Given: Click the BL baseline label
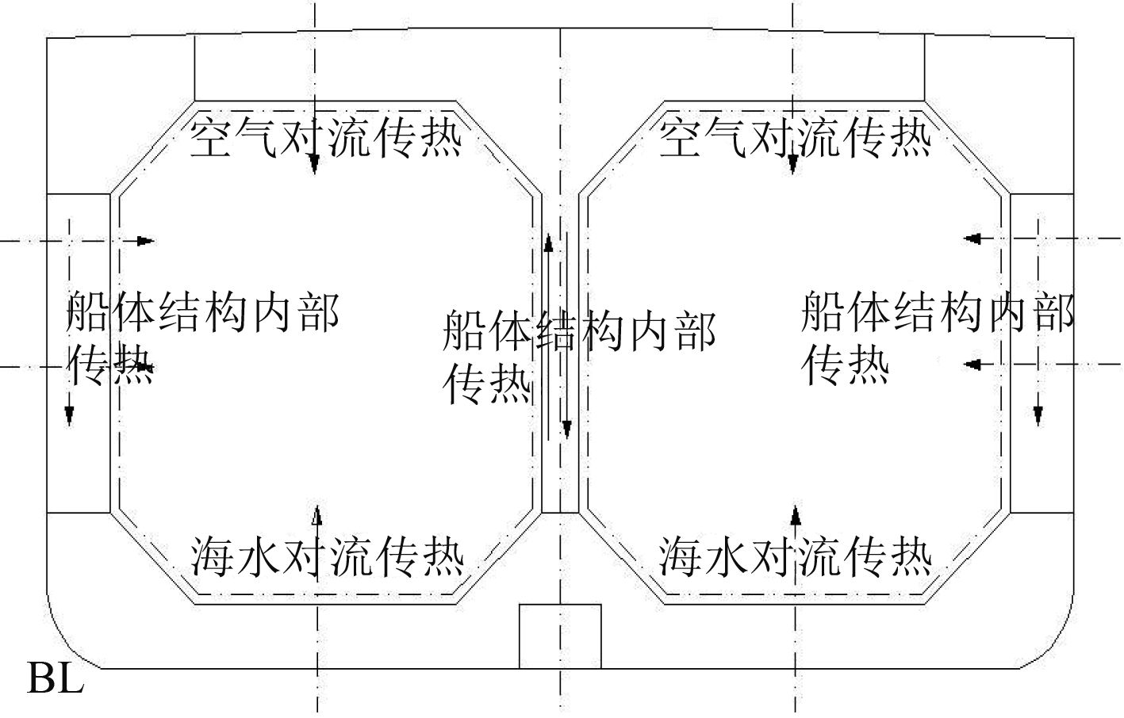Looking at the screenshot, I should (56, 679).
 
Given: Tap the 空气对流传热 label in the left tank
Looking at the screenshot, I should (326, 137).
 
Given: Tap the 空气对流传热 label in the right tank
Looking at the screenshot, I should (796, 137).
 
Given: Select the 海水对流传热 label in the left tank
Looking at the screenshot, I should (327, 556).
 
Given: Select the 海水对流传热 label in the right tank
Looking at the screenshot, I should (796, 556).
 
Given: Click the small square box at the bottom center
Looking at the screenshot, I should (560, 636).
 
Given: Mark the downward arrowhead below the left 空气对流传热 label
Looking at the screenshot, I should (315, 164).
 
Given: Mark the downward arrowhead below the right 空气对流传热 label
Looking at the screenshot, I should (793, 164).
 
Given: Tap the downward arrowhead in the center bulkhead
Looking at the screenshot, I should (566, 429).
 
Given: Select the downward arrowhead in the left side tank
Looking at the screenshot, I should (70, 414).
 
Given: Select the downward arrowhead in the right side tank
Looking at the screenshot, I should (1038, 414).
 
